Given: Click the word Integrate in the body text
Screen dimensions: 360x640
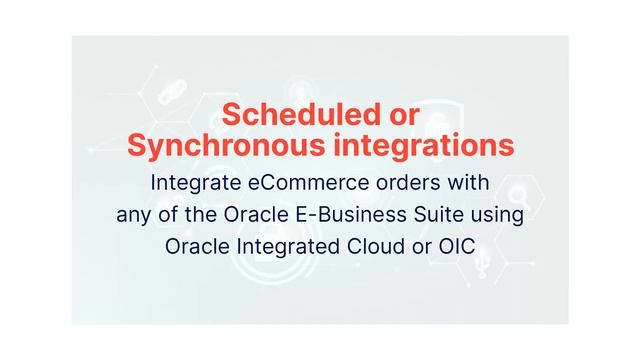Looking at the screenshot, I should tap(191, 184).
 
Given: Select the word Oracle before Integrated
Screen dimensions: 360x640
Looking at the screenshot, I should tap(199, 246).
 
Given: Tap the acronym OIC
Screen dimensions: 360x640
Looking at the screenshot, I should tap(457, 246).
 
